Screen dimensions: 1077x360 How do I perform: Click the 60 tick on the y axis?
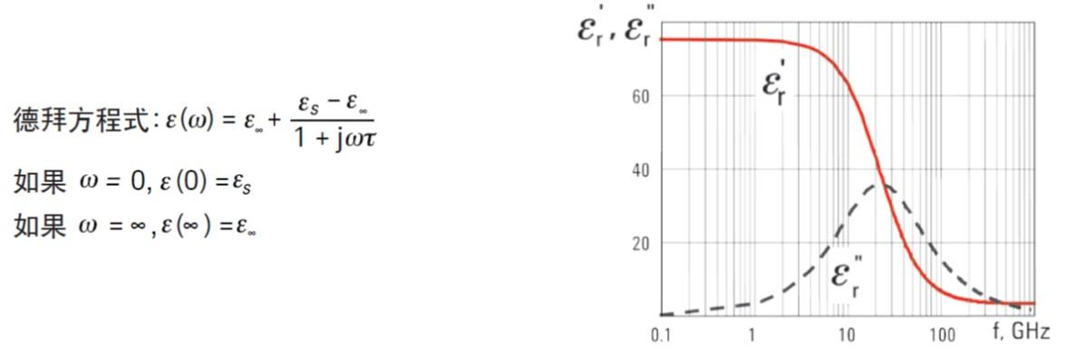tap(640, 96)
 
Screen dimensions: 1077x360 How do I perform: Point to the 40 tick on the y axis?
tap(640, 170)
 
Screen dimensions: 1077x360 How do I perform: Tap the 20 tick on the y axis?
tap(640, 243)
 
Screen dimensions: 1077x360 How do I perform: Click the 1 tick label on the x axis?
tap(752, 336)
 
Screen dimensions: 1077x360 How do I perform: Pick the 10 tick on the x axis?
tap(847, 336)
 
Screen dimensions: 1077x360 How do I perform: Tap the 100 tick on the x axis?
tap(943, 336)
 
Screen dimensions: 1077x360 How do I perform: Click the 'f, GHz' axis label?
tap(1022, 333)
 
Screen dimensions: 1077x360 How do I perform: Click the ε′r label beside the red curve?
tap(775, 87)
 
